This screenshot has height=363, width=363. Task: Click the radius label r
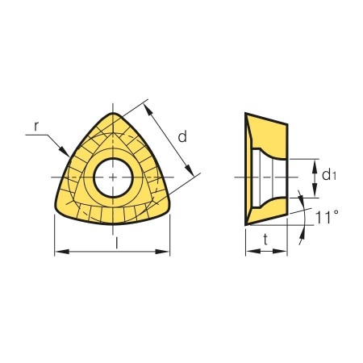36,126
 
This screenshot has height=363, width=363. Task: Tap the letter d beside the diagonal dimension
182,136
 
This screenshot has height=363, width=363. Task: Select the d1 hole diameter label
328,176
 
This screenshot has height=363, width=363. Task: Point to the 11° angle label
327,217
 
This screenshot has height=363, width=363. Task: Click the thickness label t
265,240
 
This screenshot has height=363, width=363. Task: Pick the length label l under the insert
116,243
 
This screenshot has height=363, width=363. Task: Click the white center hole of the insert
113,177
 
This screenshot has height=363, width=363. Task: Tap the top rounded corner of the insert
113,115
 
